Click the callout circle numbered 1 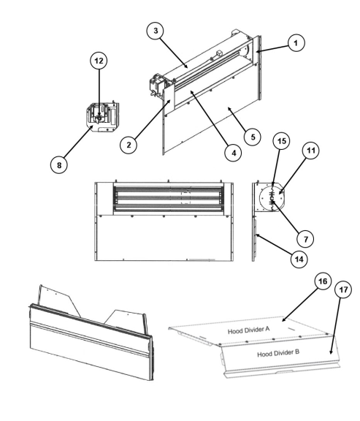pyautogui.click(x=296, y=43)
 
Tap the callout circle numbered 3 pyautogui.click(x=156, y=31)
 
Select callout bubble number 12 pyautogui.click(x=99, y=61)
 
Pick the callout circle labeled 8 pyautogui.click(x=58, y=165)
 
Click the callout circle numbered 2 pyautogui.click(x=129, y=145)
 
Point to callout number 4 pyautogui.click(x=234, y=153)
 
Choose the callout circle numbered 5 pyautogui.click(x=253, y=137)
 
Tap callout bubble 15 pyautogui.click(x=281, y=141)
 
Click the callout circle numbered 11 pyautogui.click(x=310, y=151)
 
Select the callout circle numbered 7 pyautogui.click(x=306, y=239)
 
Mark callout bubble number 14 pyautogui.click(x=299, y=259)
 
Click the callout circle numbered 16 pyautogui.click(x=323, y=281)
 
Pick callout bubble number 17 pyautogui.click(x=343, y=289)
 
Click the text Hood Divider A pyautogui.click(x=249, y=330)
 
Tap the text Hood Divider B pyautogui.click(x=278, y=353)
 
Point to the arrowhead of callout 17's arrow pyautogui.click(x=331, y=352)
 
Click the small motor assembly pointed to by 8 pyautogui.click(x=103, y=117)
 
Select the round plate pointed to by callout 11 pyautogui.click(x=271, y=198)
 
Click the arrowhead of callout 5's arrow pyautogui.click(x=229, y=108)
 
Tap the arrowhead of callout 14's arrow pyautogui.click(x=257, y=235)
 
